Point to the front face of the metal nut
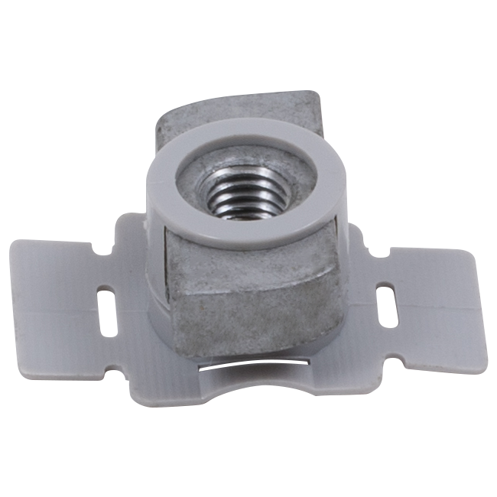252,294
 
